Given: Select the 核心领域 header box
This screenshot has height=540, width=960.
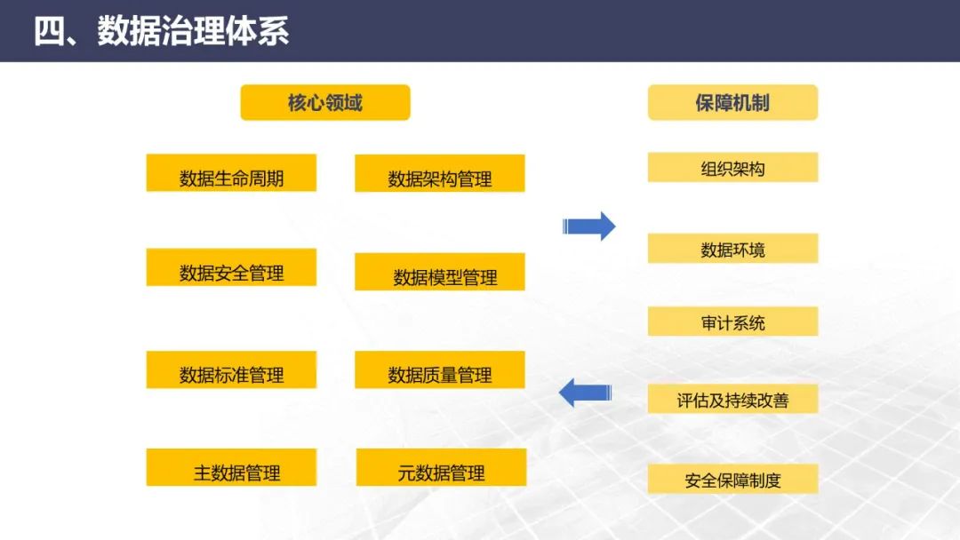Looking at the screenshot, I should (x=324, y=102).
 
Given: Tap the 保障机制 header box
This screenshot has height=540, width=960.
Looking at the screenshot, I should (x=732, y=102).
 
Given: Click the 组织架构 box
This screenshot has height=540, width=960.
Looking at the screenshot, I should (x=732, y=167).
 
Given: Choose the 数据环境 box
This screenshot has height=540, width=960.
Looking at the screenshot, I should (x=732, y=249).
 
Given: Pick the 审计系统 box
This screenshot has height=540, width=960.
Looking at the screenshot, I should (x=732, y=322).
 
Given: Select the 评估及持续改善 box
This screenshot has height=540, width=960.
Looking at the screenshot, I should (x=732, y=399).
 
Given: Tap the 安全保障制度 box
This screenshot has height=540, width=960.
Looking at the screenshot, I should (x=732, y=480).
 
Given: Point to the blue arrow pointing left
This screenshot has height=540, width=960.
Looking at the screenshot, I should (x=585, y=391).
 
